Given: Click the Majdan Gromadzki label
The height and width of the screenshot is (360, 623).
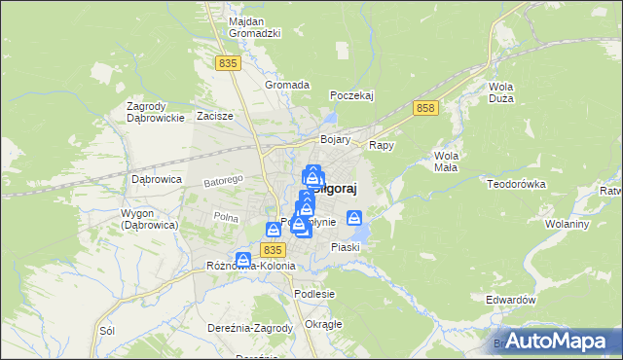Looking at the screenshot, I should click(254, 27).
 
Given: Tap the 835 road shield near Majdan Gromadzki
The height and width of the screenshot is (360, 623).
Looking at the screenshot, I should click(229, 63).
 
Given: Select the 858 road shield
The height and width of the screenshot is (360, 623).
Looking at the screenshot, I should click(423, 108).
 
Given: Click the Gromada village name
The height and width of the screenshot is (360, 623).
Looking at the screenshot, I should click(287, 85).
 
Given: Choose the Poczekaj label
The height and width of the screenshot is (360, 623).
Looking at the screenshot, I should click(352, 95).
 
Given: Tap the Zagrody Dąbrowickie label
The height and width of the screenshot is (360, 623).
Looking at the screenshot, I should click(156, 112).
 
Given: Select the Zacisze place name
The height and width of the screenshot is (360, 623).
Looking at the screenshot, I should click(214, 116).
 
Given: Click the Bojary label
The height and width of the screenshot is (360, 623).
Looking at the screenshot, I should click(335, 140).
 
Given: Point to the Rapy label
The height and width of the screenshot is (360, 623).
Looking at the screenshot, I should click(381, 145).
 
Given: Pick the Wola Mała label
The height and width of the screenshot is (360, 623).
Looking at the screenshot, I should click(447, 162).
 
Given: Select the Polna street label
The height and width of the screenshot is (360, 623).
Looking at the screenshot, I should click(226, 216).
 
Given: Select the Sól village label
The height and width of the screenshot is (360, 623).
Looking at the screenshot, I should click(107, 331).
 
